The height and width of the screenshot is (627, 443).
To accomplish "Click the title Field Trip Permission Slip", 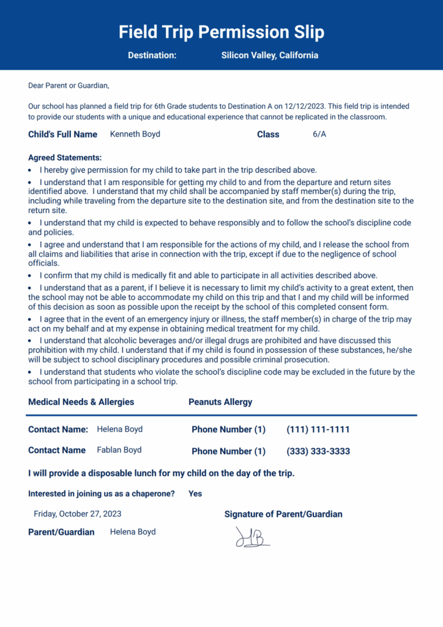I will (221, 32).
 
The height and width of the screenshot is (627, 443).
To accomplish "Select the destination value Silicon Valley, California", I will (269, 55).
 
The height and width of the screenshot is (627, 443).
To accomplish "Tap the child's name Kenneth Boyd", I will (135, 134).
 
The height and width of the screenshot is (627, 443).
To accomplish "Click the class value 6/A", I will (319, 134).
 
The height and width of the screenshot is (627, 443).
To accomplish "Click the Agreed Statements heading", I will (65, 157).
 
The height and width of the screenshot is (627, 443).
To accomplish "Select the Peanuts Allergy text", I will (220, 402).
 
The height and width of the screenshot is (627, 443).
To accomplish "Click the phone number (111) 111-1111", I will (318, 430).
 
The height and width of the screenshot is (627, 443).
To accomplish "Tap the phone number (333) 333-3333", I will (318, 451).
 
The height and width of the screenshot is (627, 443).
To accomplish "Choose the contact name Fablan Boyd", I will (119, 450).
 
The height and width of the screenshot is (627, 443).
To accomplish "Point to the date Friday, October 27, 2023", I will (77, 514).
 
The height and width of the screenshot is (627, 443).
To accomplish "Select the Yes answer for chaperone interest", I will (195, 494).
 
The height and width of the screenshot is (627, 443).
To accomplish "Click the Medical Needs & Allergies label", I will (81, 402).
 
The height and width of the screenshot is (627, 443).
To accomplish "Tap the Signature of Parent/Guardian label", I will (283, 514).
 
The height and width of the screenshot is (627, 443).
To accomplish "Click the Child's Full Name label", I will (62, 134).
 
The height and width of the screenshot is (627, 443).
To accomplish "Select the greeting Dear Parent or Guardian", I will (68, 86).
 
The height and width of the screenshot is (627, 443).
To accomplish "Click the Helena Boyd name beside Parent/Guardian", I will (133, 532).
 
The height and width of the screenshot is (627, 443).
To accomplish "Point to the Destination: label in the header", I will (152, 55).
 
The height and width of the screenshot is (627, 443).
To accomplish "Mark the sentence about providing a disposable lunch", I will (161, 473).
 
